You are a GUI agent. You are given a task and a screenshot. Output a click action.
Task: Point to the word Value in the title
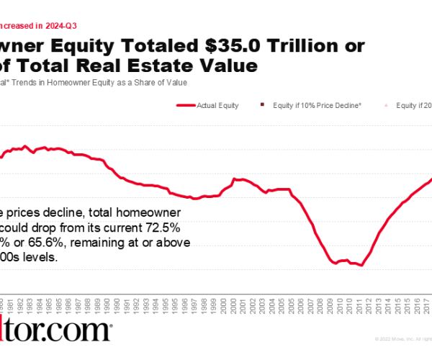230,66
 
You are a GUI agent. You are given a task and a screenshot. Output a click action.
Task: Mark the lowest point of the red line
361,266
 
